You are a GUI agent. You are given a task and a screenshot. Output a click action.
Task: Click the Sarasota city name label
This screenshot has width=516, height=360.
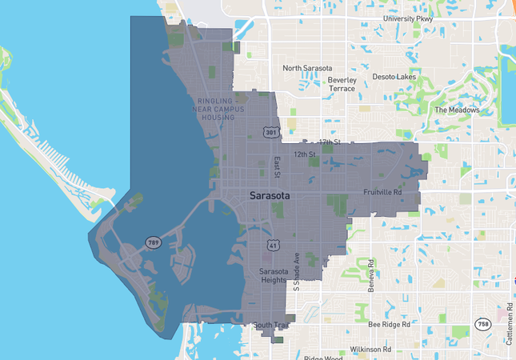(270, 194)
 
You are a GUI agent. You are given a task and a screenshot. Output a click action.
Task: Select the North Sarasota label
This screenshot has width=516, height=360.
(307, 69)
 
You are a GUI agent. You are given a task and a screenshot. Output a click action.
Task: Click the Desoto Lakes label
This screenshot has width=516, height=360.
(394, 77)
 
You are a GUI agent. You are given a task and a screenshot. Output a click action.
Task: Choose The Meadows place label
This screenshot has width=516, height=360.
(458, 110)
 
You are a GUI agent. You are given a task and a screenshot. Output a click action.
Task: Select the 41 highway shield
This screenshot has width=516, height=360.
(273, 242)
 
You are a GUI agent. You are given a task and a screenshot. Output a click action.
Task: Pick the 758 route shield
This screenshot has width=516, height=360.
(483, 324)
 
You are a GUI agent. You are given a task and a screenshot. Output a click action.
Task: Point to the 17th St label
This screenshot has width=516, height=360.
(329, 142)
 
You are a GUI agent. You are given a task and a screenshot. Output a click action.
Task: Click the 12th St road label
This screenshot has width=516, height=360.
(306, 154)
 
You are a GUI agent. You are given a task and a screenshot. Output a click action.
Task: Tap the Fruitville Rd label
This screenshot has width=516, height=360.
(382, 193)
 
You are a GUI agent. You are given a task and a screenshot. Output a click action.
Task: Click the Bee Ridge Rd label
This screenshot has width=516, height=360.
(389, 325)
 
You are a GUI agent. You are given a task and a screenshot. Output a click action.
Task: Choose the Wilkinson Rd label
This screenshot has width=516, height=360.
(369, 350)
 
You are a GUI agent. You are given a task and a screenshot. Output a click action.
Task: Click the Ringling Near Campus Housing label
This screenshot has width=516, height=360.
(217, 109)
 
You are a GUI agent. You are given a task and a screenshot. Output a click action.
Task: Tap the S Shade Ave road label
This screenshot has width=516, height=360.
(296, 272)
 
